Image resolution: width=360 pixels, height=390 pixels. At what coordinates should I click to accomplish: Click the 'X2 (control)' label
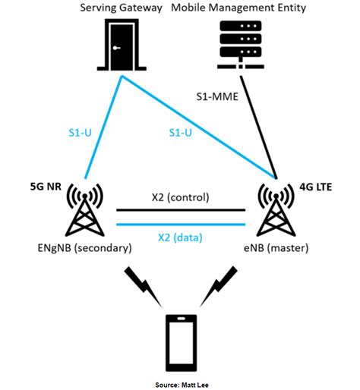[180, 198]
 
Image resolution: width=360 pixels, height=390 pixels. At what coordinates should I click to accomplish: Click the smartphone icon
[181, 343]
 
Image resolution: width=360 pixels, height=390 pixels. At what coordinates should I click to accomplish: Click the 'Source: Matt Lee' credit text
[180, 383]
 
